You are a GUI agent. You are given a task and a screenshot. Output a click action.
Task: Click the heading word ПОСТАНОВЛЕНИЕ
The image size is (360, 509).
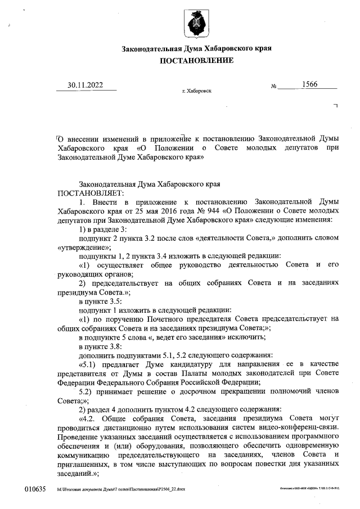click(x=196, y=61)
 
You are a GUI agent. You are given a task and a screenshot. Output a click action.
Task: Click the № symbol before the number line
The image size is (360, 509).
click(x=274, y=87)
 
